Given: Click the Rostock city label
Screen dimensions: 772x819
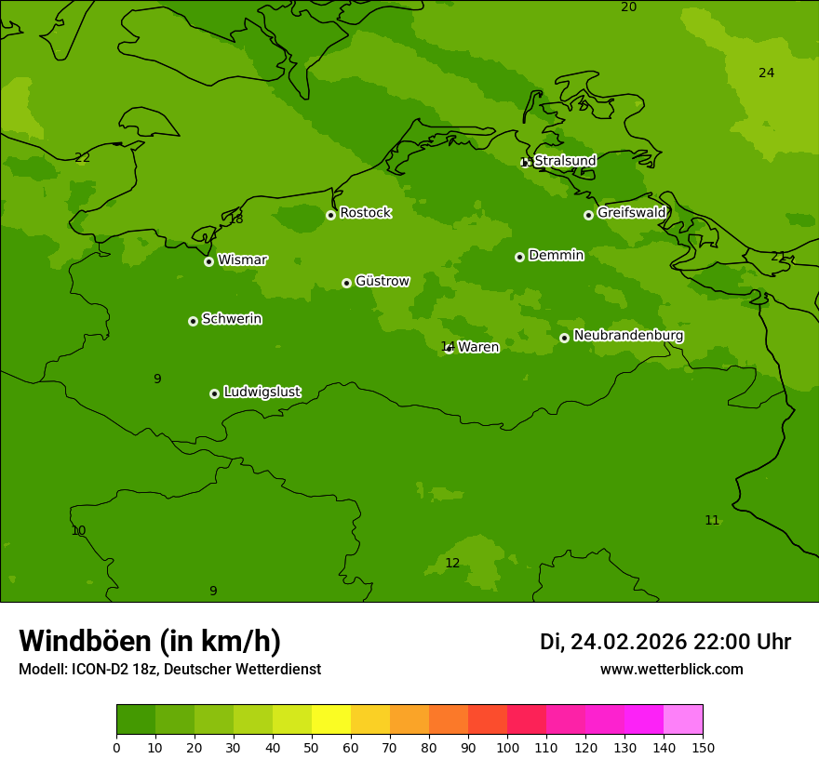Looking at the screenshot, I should click(x=365, y=213).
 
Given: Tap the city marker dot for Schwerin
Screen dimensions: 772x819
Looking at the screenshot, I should click(x=193, y=321).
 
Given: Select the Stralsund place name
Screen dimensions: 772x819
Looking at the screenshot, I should click(x=565, y=161).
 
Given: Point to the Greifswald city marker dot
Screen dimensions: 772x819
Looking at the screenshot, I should click(x=588, y=215).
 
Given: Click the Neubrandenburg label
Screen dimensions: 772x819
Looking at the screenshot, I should click(x=628, y=336).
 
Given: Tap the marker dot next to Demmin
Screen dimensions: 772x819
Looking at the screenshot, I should click(x=519, y=257).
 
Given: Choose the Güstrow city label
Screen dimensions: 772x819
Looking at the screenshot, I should click(x=382, y=281).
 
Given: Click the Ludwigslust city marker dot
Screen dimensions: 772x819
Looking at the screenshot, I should click(x=214, y=393).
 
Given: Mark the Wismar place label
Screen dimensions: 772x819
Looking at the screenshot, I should click(x=242, y=260).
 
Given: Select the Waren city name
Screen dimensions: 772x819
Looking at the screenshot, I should click(x=478, y=347).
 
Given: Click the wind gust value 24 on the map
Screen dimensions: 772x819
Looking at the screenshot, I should click(x=766, y=73).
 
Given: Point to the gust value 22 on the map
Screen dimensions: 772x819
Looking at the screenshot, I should click(x=83, y=158).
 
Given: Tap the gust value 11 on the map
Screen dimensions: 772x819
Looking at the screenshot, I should click(x=712, y=521).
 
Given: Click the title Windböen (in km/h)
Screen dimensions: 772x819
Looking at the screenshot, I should click(x=150, y=641).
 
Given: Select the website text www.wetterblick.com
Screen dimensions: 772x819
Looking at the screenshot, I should click(x=671, y=670).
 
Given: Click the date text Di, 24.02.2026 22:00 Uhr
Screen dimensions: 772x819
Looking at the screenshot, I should click(x=665, y=642).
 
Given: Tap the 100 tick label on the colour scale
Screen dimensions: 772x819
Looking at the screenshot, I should click(x=507, y=747).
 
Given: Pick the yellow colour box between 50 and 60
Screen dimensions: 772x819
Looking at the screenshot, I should click(x=331, y=720).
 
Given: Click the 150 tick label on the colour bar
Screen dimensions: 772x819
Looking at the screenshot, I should click(x=703, y=747).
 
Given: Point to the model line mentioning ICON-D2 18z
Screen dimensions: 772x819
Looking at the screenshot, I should click(x=169, y=670).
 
